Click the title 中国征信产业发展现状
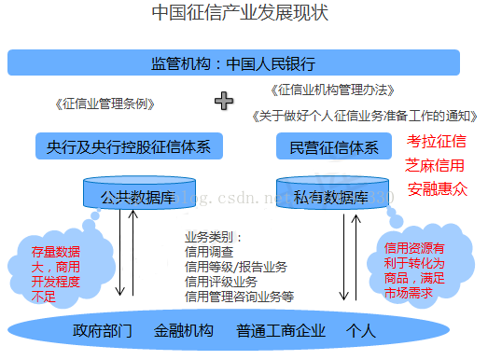tap(240, 13)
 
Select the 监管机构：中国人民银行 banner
tap(233, 62)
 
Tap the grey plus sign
tap(224, 101)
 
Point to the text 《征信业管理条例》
tap(105, 104)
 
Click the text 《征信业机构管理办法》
tap(333, 90)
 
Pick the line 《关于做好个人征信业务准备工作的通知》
tap(365, 116)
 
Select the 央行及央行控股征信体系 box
tap(129, 146)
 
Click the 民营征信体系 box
tap(334, 146)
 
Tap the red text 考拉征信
tap(437, 141)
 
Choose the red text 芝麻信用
tap(435, 165)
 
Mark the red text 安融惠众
tap(438, 189)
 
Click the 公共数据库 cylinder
tap(139, 193)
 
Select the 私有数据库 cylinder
tap(332, 193)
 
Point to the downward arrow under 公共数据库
tap(119, 253)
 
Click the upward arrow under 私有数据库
tap(356, 257)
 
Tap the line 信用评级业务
tap(221, 282)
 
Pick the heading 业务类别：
tap(213, 238)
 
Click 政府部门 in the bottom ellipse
tap(103, 330)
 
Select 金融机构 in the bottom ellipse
tap(184, 330)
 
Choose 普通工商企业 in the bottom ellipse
tap(281, 330)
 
